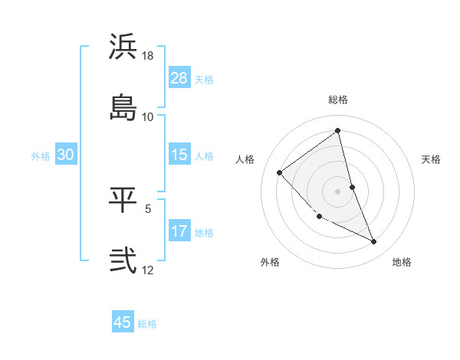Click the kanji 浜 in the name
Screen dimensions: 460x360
(123, 47)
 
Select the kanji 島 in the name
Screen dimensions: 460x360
(123, 106)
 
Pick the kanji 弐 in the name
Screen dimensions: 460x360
(123, 260)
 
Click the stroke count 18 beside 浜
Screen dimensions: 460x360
(148, 56)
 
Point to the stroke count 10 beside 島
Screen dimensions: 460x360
(148, 116)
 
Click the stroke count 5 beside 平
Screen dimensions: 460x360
(148, 208)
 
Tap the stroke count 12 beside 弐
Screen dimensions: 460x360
(148, 270)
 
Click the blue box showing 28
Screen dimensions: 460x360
(179, 78)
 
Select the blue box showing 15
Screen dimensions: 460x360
(179, 155)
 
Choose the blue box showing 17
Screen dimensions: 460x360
(179, 231)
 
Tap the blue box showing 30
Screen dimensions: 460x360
(66, 155)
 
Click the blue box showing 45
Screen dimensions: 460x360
(123, 322)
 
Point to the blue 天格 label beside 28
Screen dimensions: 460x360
(204, 79)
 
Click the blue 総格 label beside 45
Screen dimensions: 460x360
(147, 324)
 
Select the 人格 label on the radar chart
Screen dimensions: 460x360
(245, 159)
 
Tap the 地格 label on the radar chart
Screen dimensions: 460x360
(402, 262)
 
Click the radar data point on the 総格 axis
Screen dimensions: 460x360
(338, 130)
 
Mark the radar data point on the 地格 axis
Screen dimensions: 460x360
(374, 242)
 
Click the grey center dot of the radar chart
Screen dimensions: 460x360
(338, 191)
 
